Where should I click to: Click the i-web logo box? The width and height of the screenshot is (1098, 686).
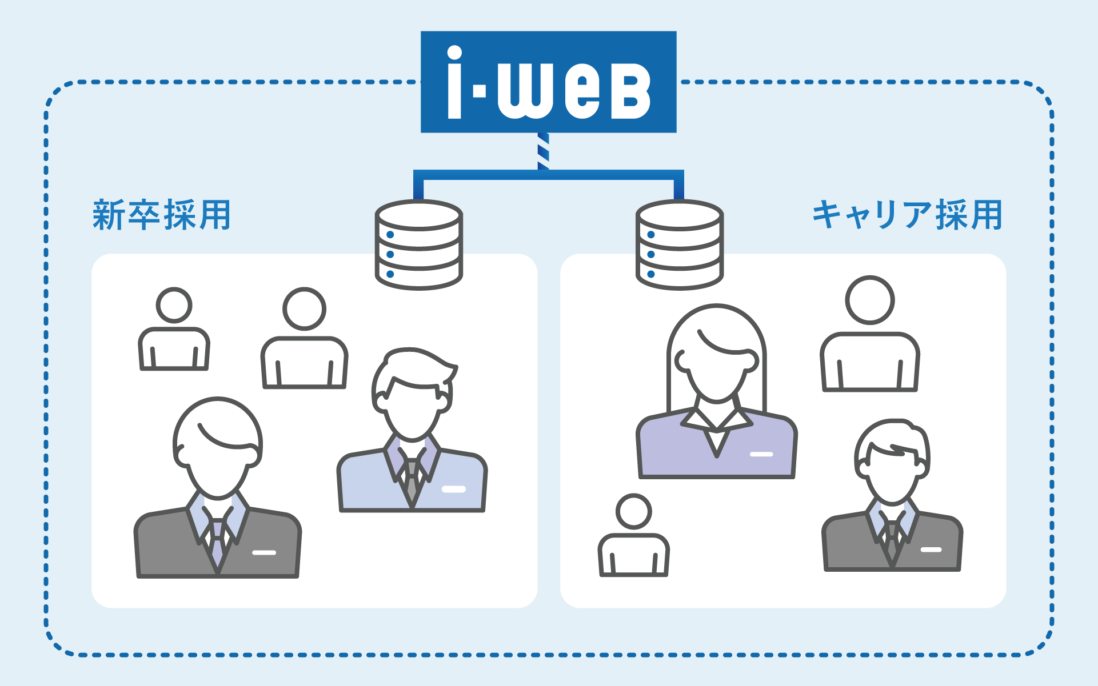548,82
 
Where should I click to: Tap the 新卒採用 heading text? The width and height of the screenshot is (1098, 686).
162,215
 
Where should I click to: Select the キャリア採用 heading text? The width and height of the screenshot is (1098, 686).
907,215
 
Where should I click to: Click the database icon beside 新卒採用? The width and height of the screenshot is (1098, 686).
418,244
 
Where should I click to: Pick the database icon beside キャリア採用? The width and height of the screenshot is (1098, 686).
680,244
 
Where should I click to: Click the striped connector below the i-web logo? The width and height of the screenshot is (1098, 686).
543,151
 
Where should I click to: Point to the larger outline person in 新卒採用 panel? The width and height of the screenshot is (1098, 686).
304,340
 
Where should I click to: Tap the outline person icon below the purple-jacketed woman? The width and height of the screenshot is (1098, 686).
633,537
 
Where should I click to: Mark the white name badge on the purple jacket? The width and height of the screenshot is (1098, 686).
761,454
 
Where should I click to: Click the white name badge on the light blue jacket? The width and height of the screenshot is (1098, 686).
454,489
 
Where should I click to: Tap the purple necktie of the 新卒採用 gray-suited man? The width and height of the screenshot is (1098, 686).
217,543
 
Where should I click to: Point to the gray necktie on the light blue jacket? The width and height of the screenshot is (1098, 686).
412,480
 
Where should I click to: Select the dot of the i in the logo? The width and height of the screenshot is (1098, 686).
454,53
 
